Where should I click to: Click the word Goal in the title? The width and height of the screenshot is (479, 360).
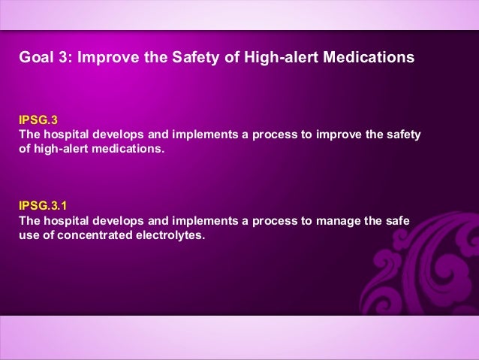click(x=35, y=57)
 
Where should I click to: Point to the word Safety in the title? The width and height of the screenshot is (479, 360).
click(x=204, y=57)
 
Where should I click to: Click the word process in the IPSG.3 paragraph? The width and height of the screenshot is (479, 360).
click(x=278, y=135)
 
